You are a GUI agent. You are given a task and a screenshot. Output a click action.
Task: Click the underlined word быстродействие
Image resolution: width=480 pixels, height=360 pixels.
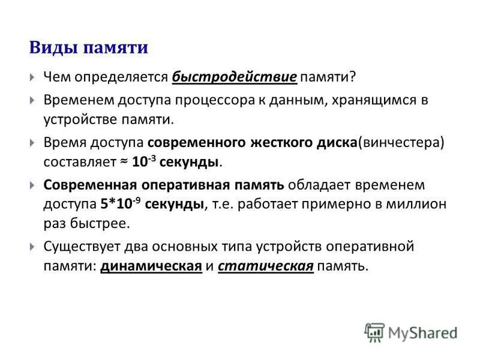[x=235, y=77]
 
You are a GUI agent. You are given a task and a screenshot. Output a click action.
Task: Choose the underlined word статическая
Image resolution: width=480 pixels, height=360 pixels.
[x=266, y=266]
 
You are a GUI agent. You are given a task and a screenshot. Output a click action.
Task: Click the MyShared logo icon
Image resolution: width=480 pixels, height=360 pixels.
[x=374, y=332]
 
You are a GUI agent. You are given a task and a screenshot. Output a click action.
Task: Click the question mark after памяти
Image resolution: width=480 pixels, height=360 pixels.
[x=352, y=77]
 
